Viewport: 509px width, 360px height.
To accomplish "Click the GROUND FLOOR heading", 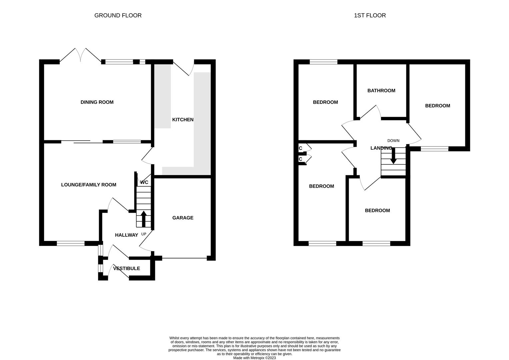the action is (x=118, y=15).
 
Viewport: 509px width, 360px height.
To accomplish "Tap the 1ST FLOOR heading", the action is (x=370, y=15).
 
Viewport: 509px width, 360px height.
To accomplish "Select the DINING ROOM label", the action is (x=97, y=102).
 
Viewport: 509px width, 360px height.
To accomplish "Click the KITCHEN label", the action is (x=183, y=120).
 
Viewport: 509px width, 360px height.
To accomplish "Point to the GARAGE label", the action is (x=183, y=218).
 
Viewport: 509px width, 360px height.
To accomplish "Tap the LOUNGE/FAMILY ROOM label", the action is (x=89, y=185).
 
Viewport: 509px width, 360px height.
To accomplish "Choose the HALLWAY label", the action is (x=127, y=235).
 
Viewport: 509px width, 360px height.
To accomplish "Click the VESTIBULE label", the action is (x=127, y=268).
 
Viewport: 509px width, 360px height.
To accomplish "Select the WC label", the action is (x=144, y=182).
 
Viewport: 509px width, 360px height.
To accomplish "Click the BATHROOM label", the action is (x=381, y=91).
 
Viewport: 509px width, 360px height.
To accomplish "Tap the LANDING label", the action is (x=381, y=148).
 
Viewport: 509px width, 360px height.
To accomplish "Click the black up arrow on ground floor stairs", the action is (x=143, y=219).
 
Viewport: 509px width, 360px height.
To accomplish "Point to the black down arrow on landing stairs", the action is (x=393, y=156).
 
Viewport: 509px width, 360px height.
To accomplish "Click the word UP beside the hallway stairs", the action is (x=144, y=234).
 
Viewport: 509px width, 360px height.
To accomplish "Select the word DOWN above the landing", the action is (x=393, y=141).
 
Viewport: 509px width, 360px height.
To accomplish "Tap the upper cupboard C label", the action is (x=300, y=148).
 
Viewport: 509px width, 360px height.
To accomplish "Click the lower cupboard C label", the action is (x=300, y=159).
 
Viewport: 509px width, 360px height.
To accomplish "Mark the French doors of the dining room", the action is (x=80, y=55).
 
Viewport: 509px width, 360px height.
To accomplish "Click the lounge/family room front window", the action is (x=71, y=244).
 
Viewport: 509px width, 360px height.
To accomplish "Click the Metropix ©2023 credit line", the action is (x=255, y=358).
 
